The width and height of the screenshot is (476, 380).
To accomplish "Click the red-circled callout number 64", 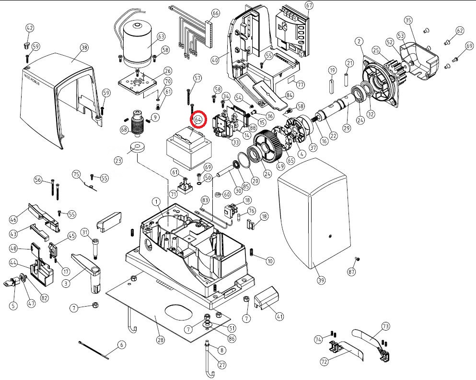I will (x=198, y=119).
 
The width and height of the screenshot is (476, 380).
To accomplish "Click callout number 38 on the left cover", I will (x=84, y=47).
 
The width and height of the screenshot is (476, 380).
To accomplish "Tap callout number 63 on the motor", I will (x=161, y=36).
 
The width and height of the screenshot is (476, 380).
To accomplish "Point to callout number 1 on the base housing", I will (x=156, y=201).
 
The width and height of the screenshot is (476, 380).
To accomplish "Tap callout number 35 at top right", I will (x=408, y=20).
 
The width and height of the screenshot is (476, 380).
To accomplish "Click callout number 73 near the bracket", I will (x=386, y=326).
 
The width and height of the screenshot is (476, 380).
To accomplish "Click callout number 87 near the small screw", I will (x=353, y=273).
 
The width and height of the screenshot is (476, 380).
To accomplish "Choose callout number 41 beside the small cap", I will (x=279, y=316).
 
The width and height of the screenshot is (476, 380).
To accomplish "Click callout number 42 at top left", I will (x=30, y=28).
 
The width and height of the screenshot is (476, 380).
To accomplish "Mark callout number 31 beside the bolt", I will (x=85, y=233).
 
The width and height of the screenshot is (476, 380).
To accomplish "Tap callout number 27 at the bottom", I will (x=222, y=365).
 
